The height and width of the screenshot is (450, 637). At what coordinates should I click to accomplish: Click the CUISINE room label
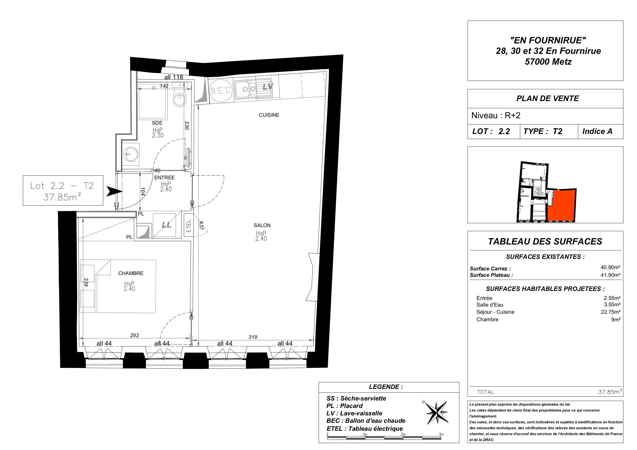(x=269, y=115)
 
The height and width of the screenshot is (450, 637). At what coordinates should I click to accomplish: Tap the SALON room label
(x=262, y=226)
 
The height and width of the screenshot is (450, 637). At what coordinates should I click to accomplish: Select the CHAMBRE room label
(x=131, y=273)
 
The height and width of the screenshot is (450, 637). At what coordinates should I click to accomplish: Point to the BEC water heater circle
(x=220, y=91)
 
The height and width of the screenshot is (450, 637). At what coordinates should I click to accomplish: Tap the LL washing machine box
(x=166, y=225)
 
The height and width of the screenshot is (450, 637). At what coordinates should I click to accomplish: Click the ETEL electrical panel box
(x=189, y=226)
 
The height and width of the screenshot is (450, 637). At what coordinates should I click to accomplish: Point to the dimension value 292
(x=135, y=335)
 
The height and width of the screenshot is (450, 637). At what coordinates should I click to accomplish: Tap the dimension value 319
(x=253, y=337)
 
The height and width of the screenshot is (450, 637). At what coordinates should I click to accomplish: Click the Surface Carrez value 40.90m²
(x=610, y=268)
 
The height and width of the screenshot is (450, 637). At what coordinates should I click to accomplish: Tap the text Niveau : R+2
(x=496, y=116)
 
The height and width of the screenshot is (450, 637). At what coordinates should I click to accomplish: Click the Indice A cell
(x=597, y=131)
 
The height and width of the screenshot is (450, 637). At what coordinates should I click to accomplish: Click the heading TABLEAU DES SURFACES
(x=545, y=241)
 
